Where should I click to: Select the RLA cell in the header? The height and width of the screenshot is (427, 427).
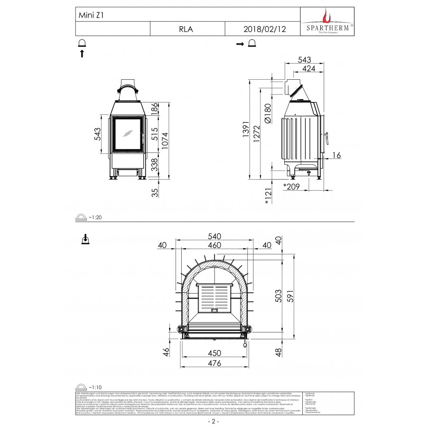pyautogui.click(x=186, y=28)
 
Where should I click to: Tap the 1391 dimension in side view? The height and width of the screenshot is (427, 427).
pyautogui.click(x=245, y=136)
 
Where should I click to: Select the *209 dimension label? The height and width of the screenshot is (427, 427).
pyautogui.click(x=291, y=186)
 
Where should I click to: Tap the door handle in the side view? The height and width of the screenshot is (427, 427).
pyautogui.click(x=327, y=138)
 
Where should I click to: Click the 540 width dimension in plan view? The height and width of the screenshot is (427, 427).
pyautogui.click(x=214, y=235)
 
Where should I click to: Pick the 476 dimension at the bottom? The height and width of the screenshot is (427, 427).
pyautogui.click(x=214, y=363)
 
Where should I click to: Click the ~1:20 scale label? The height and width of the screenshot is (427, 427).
pyautogui.click(x=95, y=217)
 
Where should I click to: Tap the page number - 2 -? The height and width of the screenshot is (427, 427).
pyautogui.click(x=213, y=421)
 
